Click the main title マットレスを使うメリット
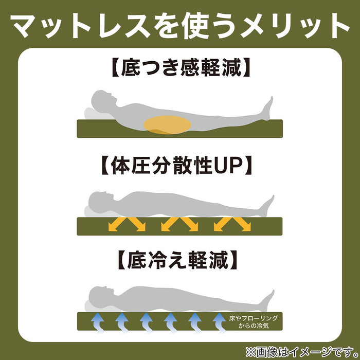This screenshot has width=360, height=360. tap(180, 25)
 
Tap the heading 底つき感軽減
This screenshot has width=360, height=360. tap(181, 67)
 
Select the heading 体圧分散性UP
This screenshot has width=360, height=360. tap(176, 165)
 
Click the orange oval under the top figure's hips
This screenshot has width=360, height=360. tap(167, 124)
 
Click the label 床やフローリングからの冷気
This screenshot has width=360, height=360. tap(253, 322)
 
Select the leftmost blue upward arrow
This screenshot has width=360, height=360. tap(97, 322)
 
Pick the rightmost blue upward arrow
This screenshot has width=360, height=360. tap(219, 322)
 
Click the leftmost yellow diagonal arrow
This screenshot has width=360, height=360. tap(117, 224)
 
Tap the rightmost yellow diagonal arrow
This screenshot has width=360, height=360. tap(242, 224)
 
